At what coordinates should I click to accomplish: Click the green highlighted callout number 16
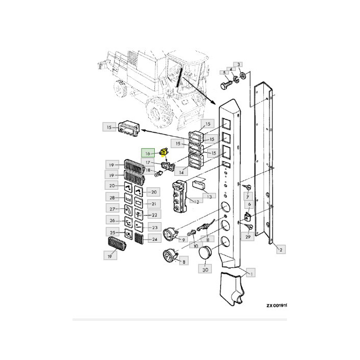click(x=147, y=153)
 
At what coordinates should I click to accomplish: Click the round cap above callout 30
click(x=205, y=254)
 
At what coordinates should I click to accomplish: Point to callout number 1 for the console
click(x=251, y=273)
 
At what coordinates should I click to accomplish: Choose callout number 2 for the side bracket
click(x=280, y=250)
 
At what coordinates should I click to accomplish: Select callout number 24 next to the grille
click(x=153, y=239)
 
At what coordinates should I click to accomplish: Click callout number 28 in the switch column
click(x=112, y=198)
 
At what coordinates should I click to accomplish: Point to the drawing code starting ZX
click(x=283, y=305)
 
